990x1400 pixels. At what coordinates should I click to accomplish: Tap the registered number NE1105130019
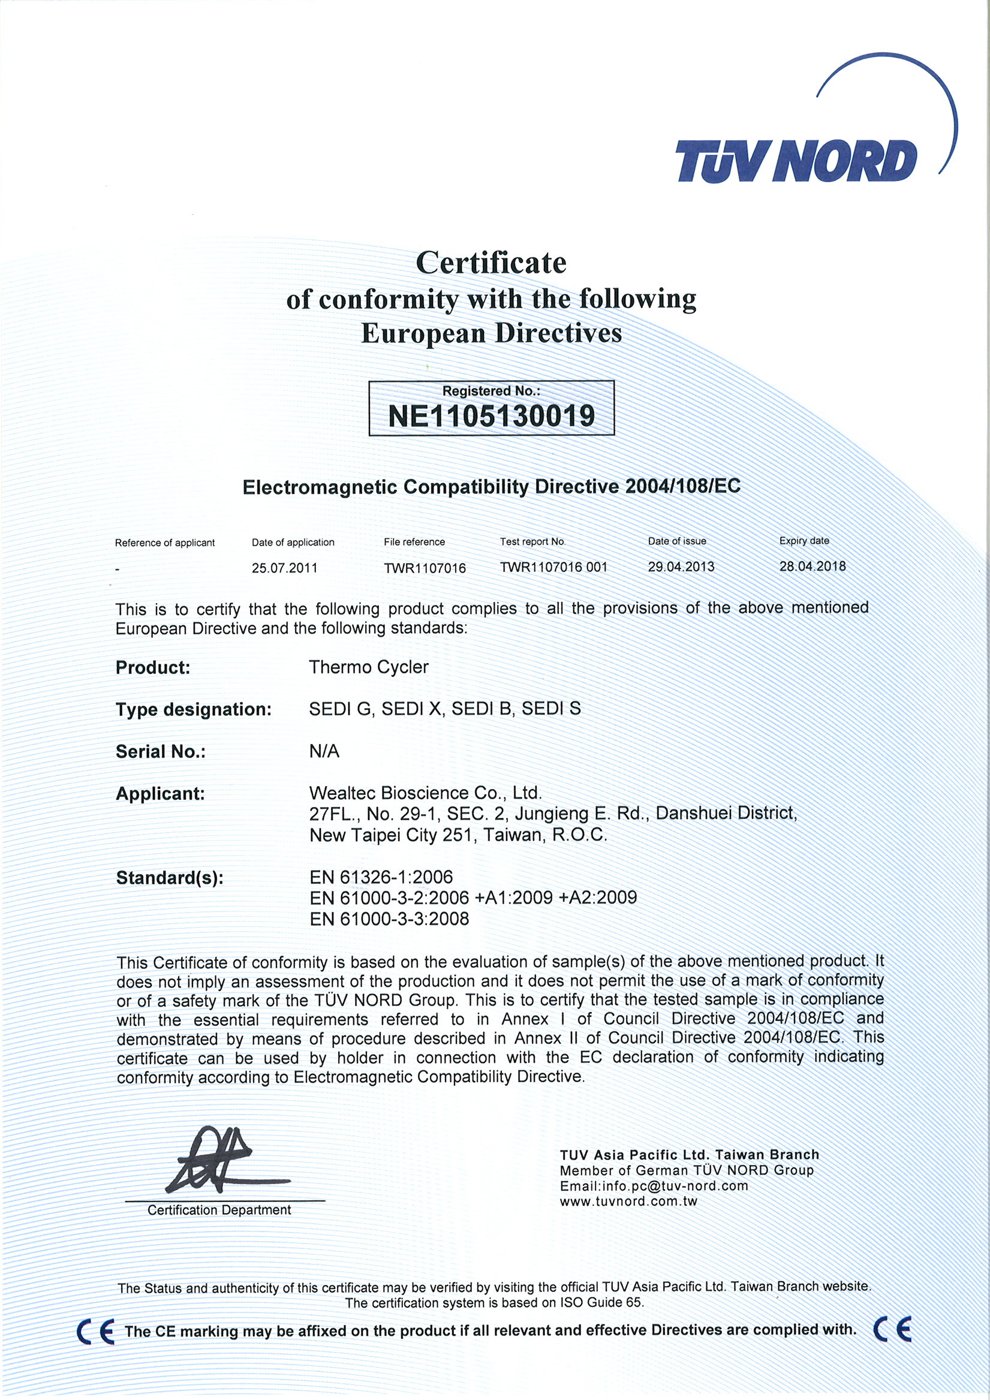click(491, 417)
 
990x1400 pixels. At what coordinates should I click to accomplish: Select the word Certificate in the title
click(491, 263)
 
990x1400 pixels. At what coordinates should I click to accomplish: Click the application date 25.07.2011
click(284, 568)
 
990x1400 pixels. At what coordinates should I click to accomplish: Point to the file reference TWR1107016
click(425, 568)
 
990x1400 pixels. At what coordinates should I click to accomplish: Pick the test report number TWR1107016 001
click(554, 567)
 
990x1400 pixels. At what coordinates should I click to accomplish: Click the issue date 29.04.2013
click(681, 567)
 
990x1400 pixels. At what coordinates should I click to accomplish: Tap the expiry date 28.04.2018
click(813, 566)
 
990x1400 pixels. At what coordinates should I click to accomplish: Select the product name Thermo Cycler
click(368, 667)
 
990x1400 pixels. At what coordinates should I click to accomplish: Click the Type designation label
click(193, 710)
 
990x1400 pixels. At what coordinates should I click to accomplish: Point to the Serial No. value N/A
click(324, 751)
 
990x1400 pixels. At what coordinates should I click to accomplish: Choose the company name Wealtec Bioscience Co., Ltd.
click(425, 793)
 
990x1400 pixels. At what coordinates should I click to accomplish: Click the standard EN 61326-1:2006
click(381, 877)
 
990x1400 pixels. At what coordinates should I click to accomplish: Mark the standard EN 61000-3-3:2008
click(389, 919)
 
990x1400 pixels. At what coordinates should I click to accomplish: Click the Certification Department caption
click(219, 1211)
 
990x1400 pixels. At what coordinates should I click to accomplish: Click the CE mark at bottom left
click(96, 1331)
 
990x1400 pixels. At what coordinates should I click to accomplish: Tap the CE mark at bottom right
click(892, 1329)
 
